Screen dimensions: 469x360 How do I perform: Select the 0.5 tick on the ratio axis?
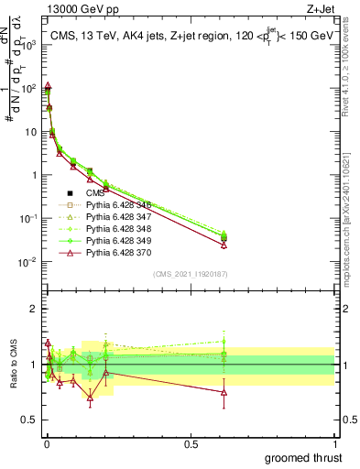coord(34,420)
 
